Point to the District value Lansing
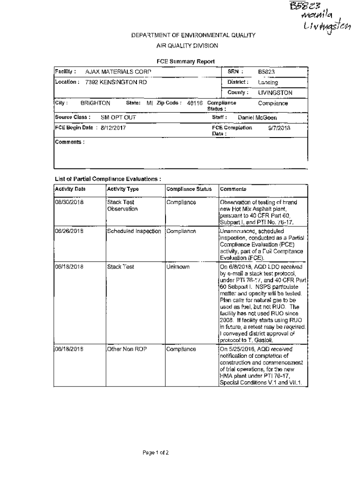coord(268,82)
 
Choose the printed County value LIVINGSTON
coord(275,93)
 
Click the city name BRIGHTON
coord(95,103)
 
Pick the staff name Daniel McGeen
coord(257,118)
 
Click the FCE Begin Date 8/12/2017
coord(113,128)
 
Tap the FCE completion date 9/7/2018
coord(280,128)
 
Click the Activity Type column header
coord(123,189)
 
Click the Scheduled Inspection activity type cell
coord(134,232)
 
